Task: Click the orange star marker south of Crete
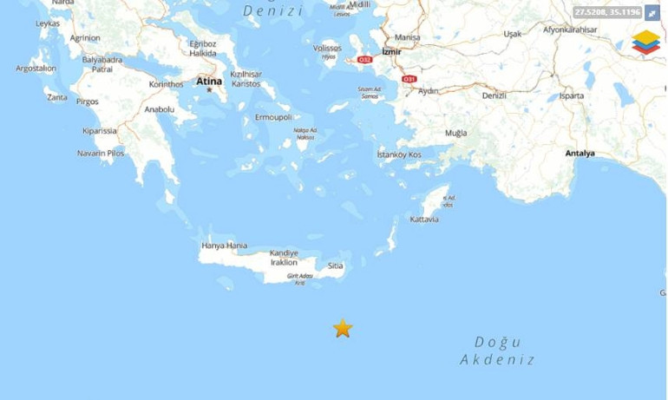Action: click(x=343, y=328)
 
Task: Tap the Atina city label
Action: click(x=209, y=82)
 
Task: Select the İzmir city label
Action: click(x=392, y=51)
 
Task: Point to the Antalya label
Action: click(x=580, y=154)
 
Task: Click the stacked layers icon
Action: click(x=645, y=42)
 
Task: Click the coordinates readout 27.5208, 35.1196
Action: click(x=607, y=12)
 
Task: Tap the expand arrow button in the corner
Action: click(x=652, y=13)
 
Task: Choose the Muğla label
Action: click(x=455, y=133)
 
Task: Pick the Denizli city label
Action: click(x=494, y=95)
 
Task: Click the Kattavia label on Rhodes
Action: click(x=424, y=220)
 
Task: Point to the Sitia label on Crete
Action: click(x=336, y=266)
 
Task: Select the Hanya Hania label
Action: click(x=224, y=246)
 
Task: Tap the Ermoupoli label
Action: click(x=273, y=117)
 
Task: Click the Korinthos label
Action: click(x=167, y=84)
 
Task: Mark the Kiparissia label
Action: click(x=100, y=131)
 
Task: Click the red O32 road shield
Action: click(x=365, y=60)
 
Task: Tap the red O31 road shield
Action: click(x=409, y=79)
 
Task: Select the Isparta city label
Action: click(x=572, y=95)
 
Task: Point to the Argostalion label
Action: click(x=36, y=68)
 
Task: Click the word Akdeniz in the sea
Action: click(x=497, y=360)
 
